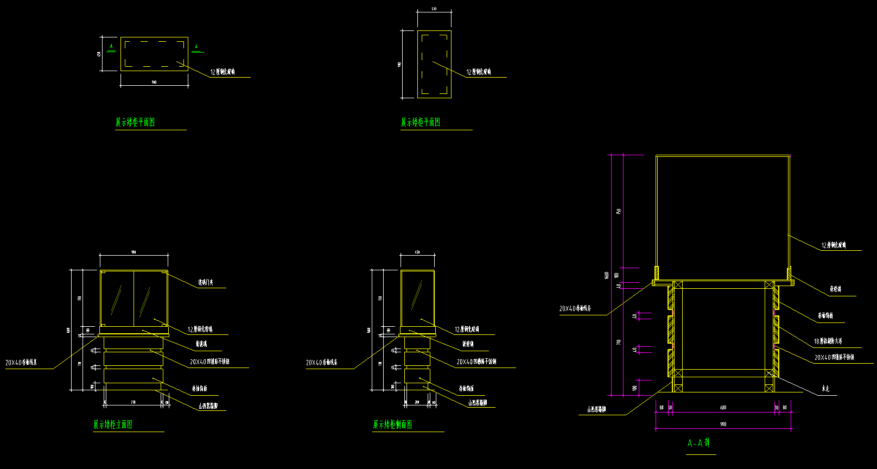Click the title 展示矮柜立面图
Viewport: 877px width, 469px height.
pyautogui.click(x=113, y=424)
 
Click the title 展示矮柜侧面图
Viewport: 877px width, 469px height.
pyautogui.click(x=392, y=424)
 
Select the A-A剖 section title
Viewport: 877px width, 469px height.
pyautogui.click(x=698, y=443)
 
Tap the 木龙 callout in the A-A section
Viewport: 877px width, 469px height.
pyautogui.click(x=825, y=389)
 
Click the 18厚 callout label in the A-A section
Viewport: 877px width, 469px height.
pyautogui.click(x=828, y=341)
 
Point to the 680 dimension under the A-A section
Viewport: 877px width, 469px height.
pyautogui.click(x=723, y=407)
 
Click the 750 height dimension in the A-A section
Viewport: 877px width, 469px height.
pyautogui.click(x=619, y=211)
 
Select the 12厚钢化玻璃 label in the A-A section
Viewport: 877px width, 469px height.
pyautogui.click(x=834, y=245)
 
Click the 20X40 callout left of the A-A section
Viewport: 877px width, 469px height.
pyautogui.click(x=575, y=309)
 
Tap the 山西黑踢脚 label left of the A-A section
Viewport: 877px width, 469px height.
pyautogui.click(x=596, y=410)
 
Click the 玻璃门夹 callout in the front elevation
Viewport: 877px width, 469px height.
pyautogui.click(x=206, y=282)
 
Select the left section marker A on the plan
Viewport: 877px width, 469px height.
pyautogui.click(x=111, y=47)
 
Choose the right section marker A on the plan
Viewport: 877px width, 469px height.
pyautogui.click(x=196, y=47)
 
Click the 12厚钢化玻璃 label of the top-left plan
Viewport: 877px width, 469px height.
pyautogui.click(x=223, y=72)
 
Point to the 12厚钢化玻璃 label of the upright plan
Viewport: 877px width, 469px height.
pyautogui.click(x=479, y=72)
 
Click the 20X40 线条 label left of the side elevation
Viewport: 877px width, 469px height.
pyautogui.click(x=321, y=363)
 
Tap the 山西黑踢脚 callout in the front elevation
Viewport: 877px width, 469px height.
pyautogui.click(x=208, y=406)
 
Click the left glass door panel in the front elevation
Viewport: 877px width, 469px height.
pyautogui.click(x=117, y=299)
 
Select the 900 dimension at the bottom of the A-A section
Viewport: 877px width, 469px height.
pyautogui.click(x=723, y=424)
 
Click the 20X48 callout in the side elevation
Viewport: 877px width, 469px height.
pyautogui.click(x=476, y=362)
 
